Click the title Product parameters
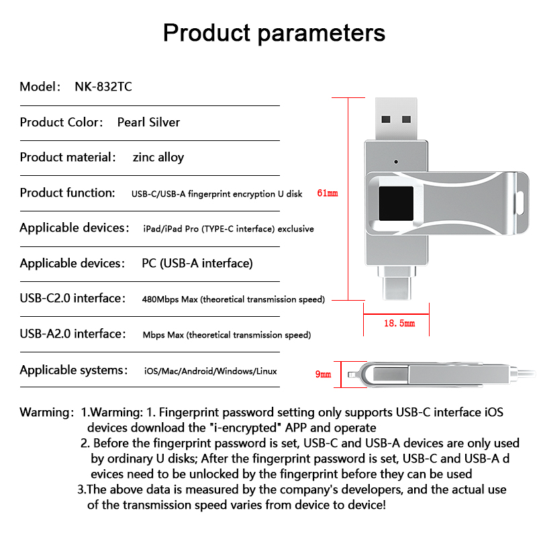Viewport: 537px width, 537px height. coord(274,33)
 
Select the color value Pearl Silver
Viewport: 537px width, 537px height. coord(148,122)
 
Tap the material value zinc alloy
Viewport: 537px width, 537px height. coord(158,158)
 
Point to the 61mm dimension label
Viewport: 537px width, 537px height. coord(327,193)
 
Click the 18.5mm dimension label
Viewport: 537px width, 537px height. coord(399,324)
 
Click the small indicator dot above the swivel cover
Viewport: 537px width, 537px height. coord(397,162)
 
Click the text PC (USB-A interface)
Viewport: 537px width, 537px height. coord(197,263)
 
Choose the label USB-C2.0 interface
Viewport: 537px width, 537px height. coord(72,299)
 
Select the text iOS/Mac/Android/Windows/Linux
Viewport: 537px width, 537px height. coord(210,371)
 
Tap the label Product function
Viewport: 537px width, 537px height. coord(68,193)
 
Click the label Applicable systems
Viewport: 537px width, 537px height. coord(73,371)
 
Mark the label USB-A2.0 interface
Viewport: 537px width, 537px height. coord(72,334)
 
